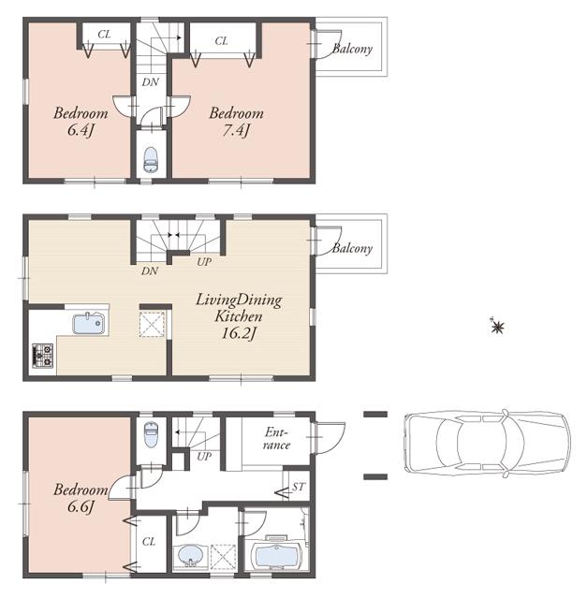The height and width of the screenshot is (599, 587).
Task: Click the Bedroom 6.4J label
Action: click(x=80, y=122)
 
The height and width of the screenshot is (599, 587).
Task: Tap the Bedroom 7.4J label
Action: click(x=236, y=122)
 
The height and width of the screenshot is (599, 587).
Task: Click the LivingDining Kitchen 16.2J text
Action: click(x=238, y=317)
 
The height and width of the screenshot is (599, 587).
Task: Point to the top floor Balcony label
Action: click(x=352, y=49)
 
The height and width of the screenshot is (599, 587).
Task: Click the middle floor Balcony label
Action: click(x=352, y=248)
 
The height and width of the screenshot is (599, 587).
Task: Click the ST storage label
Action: click(x=299, y=487)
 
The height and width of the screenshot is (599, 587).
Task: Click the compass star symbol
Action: click(x=497, y=327)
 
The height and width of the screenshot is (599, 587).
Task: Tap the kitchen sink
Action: click(x=91, y=324)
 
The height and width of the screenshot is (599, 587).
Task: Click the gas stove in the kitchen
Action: click(x=42, y=355)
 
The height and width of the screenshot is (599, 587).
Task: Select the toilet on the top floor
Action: click(x=151, y=162)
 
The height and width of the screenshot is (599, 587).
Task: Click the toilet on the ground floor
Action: click(x=151, y=435)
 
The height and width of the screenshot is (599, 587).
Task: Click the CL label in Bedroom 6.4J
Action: click(x=104, y=35)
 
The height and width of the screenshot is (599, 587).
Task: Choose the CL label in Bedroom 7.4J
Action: click(x=222, y=40)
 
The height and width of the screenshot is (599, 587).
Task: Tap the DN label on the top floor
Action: click(x=149, y=81)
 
